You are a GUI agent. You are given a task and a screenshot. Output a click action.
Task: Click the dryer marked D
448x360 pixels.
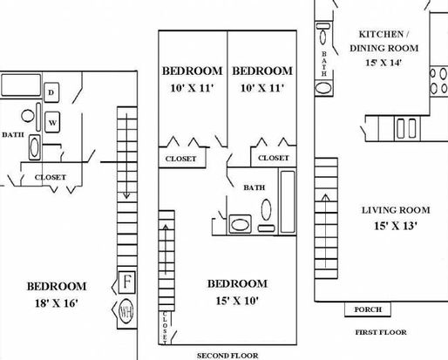pyautogui.click(x=51, y=92)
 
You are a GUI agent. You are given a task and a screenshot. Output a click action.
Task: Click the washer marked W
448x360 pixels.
pyautogui.click(x=52, y=122)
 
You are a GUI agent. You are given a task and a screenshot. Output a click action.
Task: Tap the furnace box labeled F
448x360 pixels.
pyautogui.click(x=126, y=282)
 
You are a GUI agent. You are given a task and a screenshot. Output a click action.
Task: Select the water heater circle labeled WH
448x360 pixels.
pyautogui.click(x=126, y=311)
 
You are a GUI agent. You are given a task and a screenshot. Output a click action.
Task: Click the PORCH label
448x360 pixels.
pyautogui.click(x=368, y=309)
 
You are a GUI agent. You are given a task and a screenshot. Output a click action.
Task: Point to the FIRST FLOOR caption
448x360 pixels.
pyautogui.click(x=381, y=332)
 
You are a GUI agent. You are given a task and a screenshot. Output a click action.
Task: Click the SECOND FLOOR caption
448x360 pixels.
pyautogui.click(x=227, y=356)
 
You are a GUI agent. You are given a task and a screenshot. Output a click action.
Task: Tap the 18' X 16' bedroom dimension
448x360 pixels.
pyautogui.click(x=57, y=303)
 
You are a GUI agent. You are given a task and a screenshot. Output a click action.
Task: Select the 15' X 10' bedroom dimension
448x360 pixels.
pyautogui.click(x=237, y=301)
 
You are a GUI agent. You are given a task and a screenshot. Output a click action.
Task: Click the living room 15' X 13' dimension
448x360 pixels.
pyautogui.click(x=396, y=226)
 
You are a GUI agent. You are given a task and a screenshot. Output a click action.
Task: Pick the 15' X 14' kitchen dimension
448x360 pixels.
pyautogui.click(x=384, y=63)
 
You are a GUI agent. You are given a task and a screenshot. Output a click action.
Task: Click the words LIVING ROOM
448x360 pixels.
pyautogui.click(x=396, y=210)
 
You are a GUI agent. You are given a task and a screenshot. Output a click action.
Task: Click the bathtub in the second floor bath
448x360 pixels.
pyautogui.click(x=288, y=201)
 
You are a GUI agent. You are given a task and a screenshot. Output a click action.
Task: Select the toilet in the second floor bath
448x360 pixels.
pyautogui.click(x=266, y=214)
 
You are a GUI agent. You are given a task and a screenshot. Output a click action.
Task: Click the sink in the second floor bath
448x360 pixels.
pyautogui.click(x=240, y=224)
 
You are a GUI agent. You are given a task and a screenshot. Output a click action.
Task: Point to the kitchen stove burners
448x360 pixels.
pyautogui.click(x=438, y=81)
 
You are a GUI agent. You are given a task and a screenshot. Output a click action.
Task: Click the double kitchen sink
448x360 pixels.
pyautogui.click(x=407, y=128)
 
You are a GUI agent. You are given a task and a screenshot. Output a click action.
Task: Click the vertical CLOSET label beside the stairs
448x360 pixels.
pyautogui.click(x=165, y=328)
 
